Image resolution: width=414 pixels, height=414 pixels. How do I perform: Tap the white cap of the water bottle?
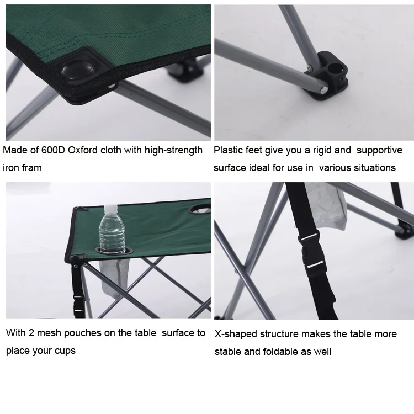[x=109, y=208]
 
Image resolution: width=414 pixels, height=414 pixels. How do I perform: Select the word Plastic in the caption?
[x=229, y=150]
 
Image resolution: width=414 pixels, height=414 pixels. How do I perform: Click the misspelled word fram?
[x=31, y=168]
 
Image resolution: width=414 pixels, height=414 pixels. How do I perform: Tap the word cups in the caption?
[x=64, y=351]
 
